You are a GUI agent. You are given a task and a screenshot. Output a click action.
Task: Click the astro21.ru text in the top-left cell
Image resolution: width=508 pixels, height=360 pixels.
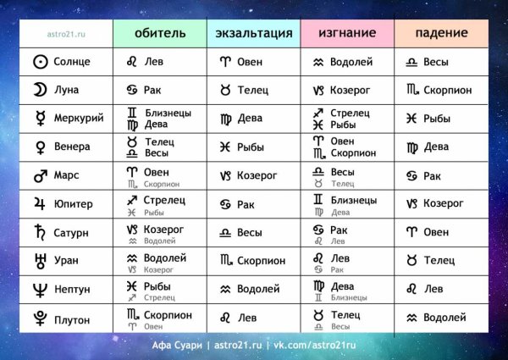click(x=68, y=33)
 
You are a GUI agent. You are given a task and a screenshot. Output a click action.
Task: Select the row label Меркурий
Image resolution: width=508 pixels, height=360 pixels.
click(x=78, y=119)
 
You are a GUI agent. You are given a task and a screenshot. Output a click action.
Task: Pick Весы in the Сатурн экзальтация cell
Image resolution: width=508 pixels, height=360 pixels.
click(x=249, y=232)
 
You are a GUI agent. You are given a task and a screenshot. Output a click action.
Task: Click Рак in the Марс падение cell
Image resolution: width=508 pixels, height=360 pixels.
click(x=432, y=175)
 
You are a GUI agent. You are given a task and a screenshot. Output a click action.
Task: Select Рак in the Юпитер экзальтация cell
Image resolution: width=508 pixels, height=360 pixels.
click(x=246, y=203)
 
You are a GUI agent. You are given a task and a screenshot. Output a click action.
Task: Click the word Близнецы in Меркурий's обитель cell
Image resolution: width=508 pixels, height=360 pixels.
click(x=167, y=113)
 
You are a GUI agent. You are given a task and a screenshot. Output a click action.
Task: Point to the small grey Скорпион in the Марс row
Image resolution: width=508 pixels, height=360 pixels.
click(x=161, y=183)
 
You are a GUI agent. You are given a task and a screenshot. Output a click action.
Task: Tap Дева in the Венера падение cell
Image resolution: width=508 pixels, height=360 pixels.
click(x=435, y=147)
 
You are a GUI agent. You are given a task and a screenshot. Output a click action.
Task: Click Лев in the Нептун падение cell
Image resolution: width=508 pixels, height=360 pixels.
click(x=433, y=289)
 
